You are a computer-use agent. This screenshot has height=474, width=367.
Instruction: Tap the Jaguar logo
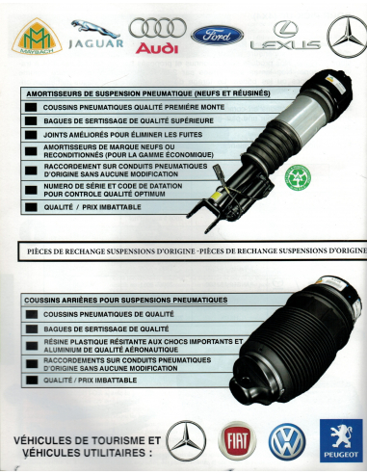(x=94, y=35)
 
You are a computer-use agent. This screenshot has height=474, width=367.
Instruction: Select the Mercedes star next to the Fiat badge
(x=186, y=439)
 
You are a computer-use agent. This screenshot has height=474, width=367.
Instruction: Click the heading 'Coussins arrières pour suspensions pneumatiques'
(x=125, y=300)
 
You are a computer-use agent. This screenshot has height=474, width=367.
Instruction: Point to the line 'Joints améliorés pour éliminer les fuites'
(x=109, y=137)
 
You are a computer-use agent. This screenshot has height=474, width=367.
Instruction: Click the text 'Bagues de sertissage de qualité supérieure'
(x=116, y=122)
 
